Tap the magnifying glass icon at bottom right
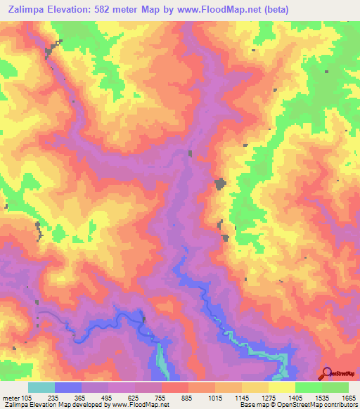(328, 373)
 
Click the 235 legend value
(54, 397)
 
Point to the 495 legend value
(108, 397)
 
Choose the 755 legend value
(161, 397)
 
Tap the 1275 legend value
(268, 397)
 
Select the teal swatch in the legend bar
(41, 387)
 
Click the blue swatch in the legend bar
(67, 387)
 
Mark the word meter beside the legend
(11, 397)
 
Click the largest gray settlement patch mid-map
(220, 183)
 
